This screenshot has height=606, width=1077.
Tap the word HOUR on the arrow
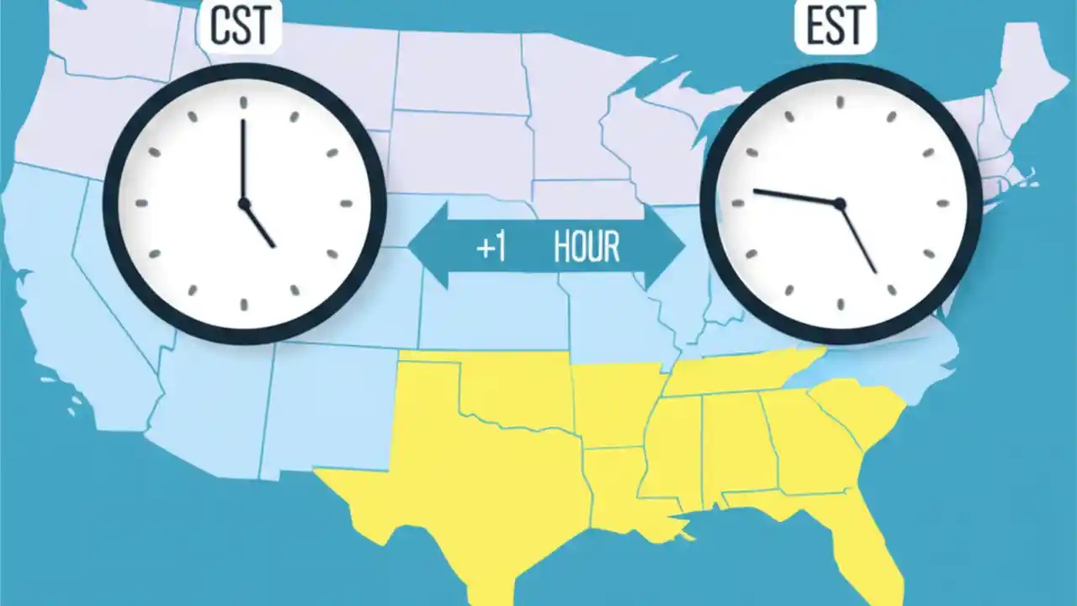(586, 247)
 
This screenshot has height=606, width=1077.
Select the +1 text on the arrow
(491, 248)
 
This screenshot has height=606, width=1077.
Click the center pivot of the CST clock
(244, 204)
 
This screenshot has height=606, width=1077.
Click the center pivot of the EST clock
(839, 203)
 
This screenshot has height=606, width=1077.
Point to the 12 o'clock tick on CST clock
(244, 103)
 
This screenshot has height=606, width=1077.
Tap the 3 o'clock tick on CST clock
(345, 204)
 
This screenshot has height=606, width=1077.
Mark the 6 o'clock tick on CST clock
(244, 304)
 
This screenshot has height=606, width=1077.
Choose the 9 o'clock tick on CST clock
(142, 204)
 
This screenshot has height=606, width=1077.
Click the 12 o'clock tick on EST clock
(840, 102)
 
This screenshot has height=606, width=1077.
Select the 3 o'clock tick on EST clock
(942, 203)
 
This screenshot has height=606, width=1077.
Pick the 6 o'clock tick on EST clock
(840, 305)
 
